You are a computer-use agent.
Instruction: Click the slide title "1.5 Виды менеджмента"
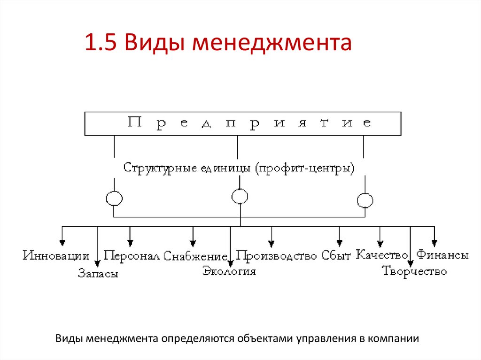point(218,44)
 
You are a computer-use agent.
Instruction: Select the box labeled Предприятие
point(242,123)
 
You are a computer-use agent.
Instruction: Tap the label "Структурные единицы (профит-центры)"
point(239,168)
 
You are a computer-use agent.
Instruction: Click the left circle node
point(114,198)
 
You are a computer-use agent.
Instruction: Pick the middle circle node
point(240,196)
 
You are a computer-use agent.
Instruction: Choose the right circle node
point(365,200)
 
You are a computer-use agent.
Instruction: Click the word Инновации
point(56,256)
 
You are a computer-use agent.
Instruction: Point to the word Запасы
point(98,274)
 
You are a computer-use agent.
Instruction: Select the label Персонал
point(132,256)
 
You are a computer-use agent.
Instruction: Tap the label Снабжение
point(195,256)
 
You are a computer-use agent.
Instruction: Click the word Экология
point(229,271)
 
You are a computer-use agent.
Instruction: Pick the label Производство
point(277,256)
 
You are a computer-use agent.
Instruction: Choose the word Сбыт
point(336,256)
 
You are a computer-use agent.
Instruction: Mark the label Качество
point(381,255)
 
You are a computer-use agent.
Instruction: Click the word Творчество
point(414,271)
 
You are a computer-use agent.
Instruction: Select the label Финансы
point(443,255)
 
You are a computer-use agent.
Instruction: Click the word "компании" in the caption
point(393,338)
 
